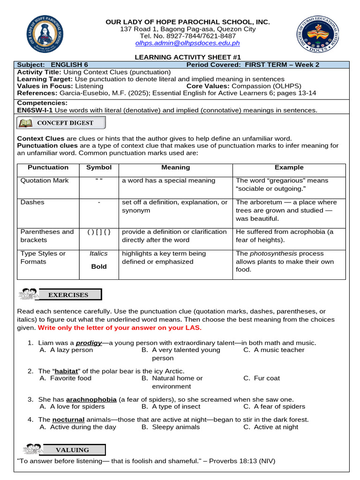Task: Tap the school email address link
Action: pos(187,43)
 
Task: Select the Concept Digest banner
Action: pos(61,123)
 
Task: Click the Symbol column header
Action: pos(99,167)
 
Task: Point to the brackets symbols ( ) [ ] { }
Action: pos(99,232)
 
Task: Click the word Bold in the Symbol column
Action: pos(99,266)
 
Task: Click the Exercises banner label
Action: pos(68,295)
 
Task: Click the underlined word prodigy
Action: pos(89,343)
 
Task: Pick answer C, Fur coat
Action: pos(267,378)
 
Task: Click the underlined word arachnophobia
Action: pos(91,399)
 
